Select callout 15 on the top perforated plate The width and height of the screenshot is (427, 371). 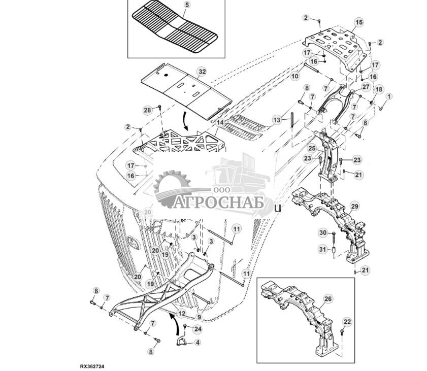pos(359,22)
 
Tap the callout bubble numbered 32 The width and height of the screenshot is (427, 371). pos(202,72)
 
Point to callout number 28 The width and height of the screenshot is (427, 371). pos(147,110)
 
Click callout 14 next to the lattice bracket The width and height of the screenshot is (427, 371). pos(219,123)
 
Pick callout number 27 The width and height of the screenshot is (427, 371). pos(366,87)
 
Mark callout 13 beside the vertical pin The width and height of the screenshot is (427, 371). pos(276,120)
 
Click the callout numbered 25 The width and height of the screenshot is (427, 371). pos(312,148)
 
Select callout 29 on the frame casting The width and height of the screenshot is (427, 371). pos(354,206)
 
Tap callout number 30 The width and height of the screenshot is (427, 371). pos(323,232)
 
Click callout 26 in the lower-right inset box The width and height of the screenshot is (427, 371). pos(328,299)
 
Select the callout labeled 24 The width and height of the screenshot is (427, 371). pos(198,328)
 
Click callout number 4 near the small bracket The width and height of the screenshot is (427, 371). pos(198,343)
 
